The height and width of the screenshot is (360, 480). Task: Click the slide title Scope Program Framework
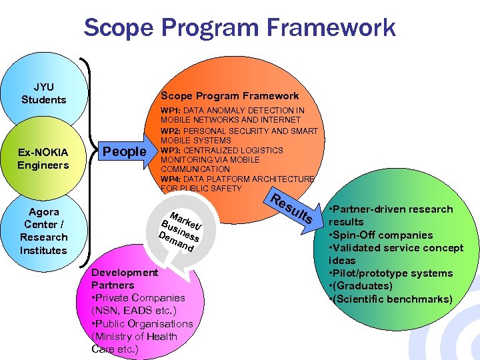239,27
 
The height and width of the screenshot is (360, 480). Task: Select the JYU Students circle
44,93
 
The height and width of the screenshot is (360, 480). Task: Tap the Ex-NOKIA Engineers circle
43,159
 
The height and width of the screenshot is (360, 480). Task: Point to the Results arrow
293,208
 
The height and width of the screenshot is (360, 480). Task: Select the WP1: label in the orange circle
171,110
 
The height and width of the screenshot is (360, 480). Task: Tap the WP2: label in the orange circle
171,131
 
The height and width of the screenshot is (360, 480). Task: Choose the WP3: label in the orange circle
171,150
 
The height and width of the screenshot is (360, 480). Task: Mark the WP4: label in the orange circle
171,179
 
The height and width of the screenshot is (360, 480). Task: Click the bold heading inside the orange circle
229,96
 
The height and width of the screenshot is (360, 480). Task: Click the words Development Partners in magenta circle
125,279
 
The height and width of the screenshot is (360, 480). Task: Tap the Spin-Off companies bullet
381,235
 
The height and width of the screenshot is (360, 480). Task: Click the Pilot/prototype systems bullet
393,273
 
